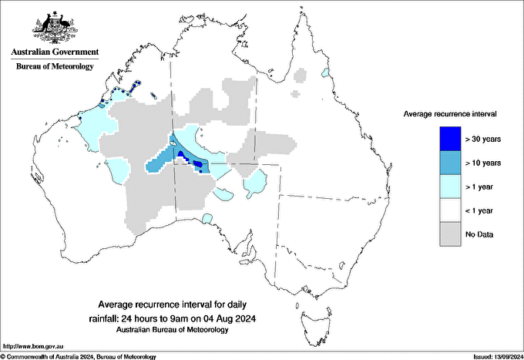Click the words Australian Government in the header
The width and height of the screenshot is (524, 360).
tap(54, 52)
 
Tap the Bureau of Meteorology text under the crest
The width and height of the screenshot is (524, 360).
tap(54, 66)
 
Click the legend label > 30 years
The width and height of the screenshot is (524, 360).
tap(483, 140)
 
